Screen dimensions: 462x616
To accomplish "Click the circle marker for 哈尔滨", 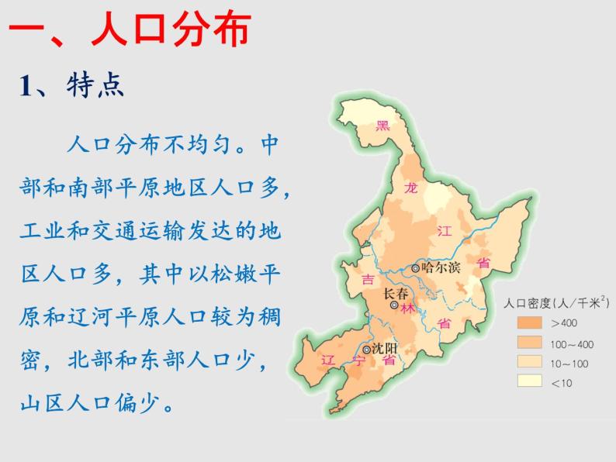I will [x=416, y=268].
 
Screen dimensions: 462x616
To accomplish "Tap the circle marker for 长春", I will [x=394, y=306].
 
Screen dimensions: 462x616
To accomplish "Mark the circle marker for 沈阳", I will [x=367, y=348].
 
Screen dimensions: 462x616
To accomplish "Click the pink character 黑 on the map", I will [x=382, y=126].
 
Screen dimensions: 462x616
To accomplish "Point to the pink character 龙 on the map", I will [x=410, y=187].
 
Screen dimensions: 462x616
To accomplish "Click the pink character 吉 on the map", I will [x=368, y=279].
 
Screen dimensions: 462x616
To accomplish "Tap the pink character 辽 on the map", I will [x=327, y=360].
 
